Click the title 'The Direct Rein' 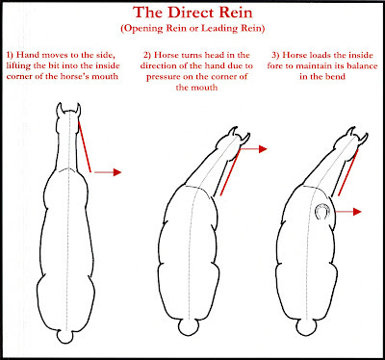(x=192, y=13)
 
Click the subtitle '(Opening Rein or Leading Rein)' (x=192, y=28)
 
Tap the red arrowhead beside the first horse (x=117, y=172)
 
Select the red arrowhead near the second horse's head (x=263, y=149)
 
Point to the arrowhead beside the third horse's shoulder (x=357, y=212)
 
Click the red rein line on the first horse (x=85, y=147)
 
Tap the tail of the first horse (x=65, y=337)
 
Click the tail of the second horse (x=189, y=328)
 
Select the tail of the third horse (x=305, y=328)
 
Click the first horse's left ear (x=60, y=110)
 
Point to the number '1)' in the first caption (x=10, y=55)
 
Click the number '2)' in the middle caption (x=147, y=55)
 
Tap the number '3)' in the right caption (x=275, y=55)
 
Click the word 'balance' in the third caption (x=363, y=65)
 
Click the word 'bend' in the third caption (x=336, y=76)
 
